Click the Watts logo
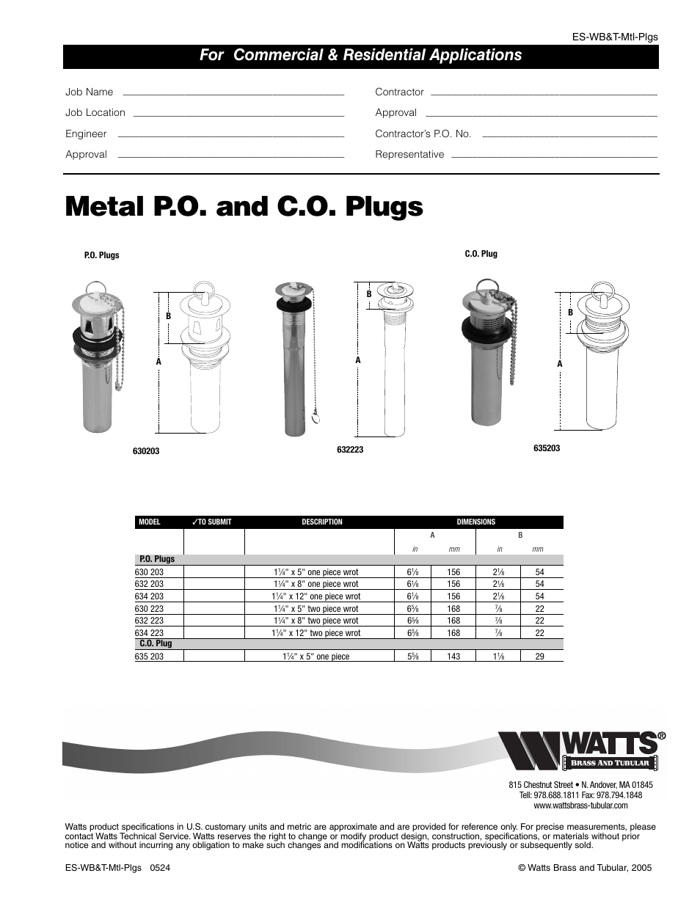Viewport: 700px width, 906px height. click(583, 750)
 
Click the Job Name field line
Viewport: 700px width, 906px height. click(233, 95)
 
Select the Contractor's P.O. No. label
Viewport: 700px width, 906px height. click(423, 134)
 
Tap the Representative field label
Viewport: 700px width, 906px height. click(409, 154)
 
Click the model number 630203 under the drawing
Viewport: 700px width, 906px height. click(146, 451)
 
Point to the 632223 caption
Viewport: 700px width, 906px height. click(350, 450)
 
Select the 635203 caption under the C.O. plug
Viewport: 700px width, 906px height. click(547, 448)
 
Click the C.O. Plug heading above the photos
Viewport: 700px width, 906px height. click(481, 254)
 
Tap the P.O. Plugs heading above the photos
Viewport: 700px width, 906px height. click(101, 255)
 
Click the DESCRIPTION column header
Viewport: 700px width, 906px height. click(322, 522)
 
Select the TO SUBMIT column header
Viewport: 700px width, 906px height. click(211, 522)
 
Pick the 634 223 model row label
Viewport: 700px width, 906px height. click(150, 632)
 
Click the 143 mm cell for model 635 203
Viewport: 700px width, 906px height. click(453, 657)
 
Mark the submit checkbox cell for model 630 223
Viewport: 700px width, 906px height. click(214, 608)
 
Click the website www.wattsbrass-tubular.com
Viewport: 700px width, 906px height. click(580, 805)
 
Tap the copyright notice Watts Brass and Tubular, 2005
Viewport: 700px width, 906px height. click(585, 867)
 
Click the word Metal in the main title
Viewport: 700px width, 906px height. click(104, 206)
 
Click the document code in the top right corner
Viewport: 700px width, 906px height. click(615, 37)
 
